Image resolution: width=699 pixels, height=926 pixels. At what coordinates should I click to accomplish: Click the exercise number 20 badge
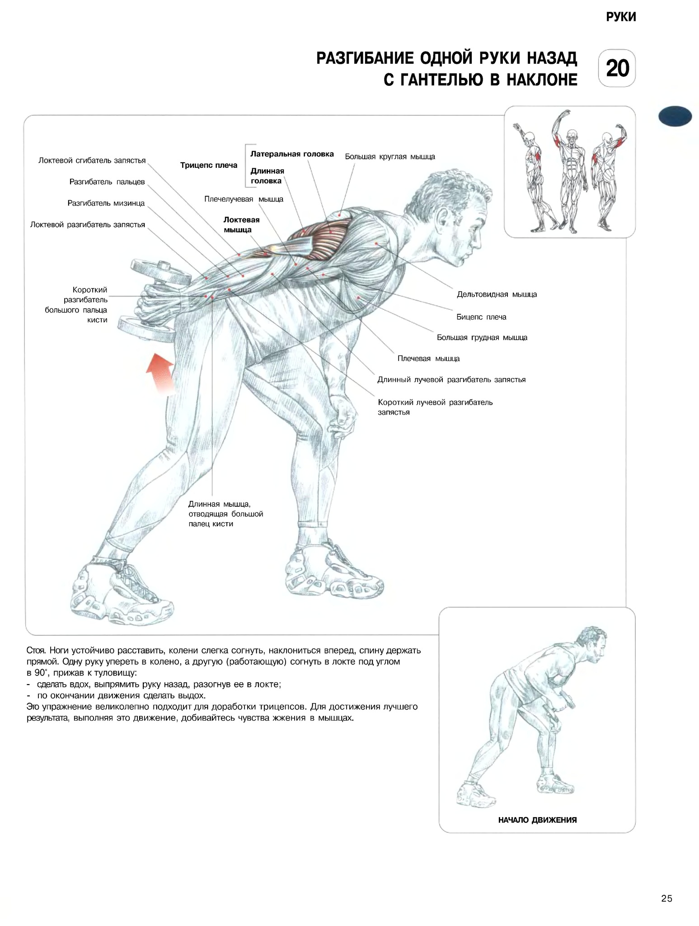(x=617, y=68)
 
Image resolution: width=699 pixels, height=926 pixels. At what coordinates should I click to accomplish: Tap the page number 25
(x=666, y=898)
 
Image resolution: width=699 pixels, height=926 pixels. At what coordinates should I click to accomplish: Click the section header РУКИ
(x=621, y=17)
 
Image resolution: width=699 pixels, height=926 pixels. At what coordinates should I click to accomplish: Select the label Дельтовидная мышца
(x=497, y=294)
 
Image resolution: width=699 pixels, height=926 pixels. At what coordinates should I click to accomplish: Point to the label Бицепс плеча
(x=481, y=317)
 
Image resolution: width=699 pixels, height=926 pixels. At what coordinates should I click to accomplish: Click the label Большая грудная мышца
(x=482, y=338)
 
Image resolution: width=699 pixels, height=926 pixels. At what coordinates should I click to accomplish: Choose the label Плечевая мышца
(x=428, y=359)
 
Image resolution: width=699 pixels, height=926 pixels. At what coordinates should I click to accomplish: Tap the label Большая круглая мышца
(x=390, y=157)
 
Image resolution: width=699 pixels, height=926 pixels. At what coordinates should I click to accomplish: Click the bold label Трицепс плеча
(x=209, y=165)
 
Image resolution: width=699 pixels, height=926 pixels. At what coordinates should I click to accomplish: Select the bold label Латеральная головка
(x=292, y=154)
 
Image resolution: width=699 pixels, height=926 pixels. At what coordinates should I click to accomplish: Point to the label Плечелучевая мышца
(x=244, y=199)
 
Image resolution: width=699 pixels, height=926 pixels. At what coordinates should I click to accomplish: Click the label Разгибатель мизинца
(x=106, y=203)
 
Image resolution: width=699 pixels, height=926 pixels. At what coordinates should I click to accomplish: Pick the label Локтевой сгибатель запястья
(x=92, y=161)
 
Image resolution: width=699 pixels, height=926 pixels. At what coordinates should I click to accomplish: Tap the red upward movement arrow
(x=160, y=373)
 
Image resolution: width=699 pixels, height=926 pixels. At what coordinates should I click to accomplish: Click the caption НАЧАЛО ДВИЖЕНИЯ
(x=537, y=820)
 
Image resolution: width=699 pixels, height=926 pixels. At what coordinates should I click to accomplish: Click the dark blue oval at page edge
(x=675, y=116)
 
